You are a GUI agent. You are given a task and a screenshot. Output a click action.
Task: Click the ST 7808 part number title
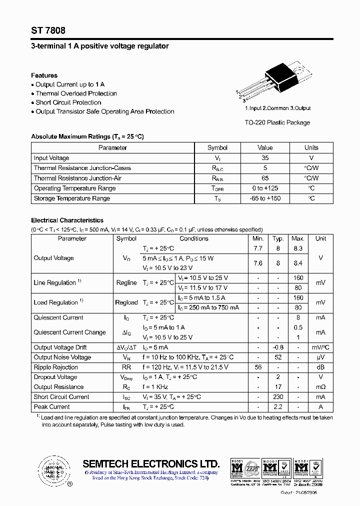[x=47, y=30]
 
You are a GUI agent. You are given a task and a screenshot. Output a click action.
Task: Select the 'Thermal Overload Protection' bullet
[x=76, y=93]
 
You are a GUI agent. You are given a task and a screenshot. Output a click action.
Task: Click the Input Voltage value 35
[x=265, y=158]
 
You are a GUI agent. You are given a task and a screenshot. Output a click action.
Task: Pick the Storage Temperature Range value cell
[x=265, y=198]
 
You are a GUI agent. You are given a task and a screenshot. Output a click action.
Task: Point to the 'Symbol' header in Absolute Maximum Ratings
[x=217, y=147]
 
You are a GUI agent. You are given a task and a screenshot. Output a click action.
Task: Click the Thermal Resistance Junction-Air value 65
[x=265, y=178]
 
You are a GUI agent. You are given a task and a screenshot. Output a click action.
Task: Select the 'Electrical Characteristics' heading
[x=67, y=220]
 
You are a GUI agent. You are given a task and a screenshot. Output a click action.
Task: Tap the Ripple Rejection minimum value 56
[x=258, y=367]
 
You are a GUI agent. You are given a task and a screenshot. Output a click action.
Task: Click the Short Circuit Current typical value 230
[x=278, y=397]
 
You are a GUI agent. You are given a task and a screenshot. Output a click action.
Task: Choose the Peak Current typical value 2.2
[x=278, y=407]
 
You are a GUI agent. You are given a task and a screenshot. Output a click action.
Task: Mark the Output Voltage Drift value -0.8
[x=278, y=347]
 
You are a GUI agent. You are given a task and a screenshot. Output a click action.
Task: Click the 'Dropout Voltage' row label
[x=55, y=377]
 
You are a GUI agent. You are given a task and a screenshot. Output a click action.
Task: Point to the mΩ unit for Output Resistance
[x=320, y=387]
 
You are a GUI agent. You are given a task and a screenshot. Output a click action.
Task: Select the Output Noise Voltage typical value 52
[x=278, y=357]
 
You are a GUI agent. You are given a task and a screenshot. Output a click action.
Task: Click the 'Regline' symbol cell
[x=126, y=283]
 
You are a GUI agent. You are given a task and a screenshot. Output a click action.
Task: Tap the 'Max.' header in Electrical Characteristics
[x=298, y=238]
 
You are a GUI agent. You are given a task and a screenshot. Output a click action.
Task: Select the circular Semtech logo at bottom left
[x=52, y=470]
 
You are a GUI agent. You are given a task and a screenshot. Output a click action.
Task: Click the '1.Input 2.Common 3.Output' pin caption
[x=277, y=108]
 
